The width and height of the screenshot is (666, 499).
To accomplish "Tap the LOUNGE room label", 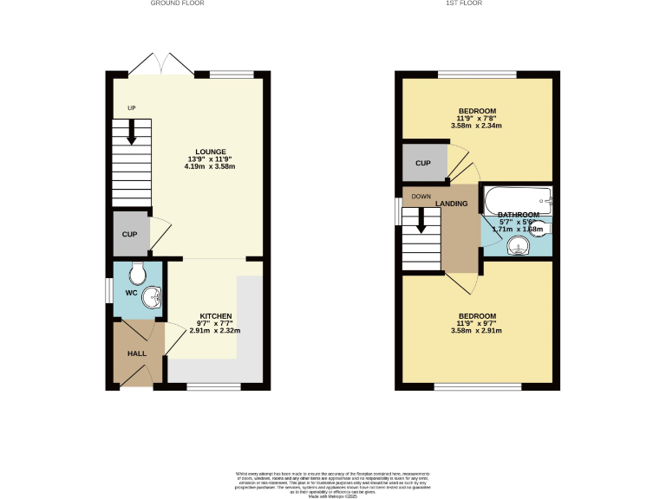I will pos(211,151).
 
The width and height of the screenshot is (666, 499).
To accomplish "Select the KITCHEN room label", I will pos(216,315).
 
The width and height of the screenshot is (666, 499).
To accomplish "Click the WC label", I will pos(131,293).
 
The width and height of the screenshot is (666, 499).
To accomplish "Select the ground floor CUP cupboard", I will pos(129,234).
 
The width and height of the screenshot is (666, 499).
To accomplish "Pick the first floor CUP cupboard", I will pos(423,163).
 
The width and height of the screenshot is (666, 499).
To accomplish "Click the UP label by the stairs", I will pos(132,108).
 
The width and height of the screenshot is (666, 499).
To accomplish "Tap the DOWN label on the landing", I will pos(421,197).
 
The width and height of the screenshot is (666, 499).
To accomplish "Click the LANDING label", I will pos(452,204).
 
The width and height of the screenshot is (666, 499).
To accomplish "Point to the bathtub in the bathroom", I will pos(517,200).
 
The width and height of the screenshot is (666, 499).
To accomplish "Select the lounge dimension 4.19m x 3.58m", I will pos(210,166).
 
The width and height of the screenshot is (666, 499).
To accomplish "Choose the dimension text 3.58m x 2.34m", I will pos(477,126).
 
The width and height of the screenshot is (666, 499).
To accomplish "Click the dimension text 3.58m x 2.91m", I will pos(477,331).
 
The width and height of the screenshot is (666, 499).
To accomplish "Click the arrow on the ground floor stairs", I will pos(132,133).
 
